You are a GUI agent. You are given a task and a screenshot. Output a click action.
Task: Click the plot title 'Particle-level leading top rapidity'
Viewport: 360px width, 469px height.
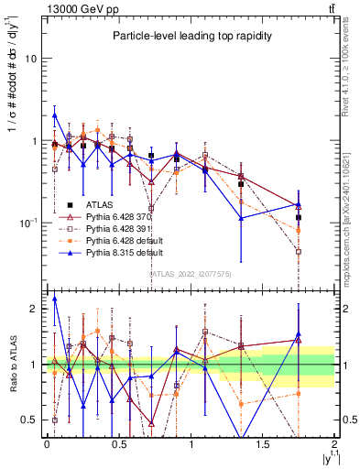(188, 36)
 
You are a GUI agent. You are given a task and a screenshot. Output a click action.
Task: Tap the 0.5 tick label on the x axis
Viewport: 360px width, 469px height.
(118, 443)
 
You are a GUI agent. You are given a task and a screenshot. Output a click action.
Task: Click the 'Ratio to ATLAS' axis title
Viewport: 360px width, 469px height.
(11, 365)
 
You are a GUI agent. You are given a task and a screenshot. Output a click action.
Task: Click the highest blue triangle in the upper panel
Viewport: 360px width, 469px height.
(55, 115)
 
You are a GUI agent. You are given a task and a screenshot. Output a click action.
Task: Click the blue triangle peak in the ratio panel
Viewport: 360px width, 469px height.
(55, 299)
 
